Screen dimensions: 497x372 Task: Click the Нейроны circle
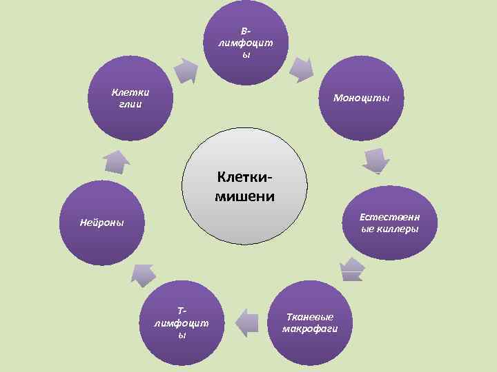point(101,223)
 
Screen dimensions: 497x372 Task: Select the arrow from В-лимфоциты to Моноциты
point(301,68)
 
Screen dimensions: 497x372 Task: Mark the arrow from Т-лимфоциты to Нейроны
point(144,273)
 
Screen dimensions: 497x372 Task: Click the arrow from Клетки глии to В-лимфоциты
point(185,70)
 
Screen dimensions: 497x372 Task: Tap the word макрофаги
point(309,328)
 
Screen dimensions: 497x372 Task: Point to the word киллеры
point(397,229)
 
